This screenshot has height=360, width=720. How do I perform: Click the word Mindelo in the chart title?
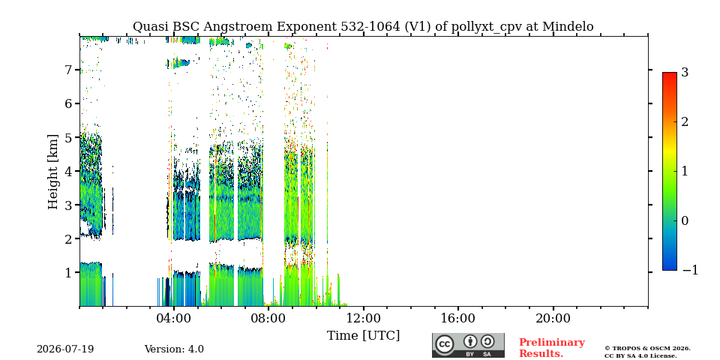(568, 27)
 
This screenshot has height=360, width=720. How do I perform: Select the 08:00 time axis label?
(268, 318)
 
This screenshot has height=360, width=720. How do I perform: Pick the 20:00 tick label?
(553, 318)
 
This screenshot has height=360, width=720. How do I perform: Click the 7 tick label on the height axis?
(67, 70)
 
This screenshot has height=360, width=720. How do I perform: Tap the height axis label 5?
(67, 137)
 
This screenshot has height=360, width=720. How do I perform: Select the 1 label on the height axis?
(67, 272)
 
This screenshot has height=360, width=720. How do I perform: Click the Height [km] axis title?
(53, 172)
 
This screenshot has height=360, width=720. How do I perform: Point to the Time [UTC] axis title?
(363, 336)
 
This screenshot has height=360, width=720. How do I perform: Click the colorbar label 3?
(685, 72)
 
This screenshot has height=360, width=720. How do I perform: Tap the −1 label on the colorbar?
(690, 271)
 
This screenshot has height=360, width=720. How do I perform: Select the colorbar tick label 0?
(685, 220)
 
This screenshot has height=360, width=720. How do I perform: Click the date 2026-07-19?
(65, 349)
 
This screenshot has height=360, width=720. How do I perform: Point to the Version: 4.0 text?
(174, 349)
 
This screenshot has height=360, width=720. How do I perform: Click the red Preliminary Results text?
(551, 348)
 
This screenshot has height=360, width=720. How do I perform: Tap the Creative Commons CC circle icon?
(444, 344)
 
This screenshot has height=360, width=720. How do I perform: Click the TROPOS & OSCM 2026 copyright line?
(647, 349)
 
